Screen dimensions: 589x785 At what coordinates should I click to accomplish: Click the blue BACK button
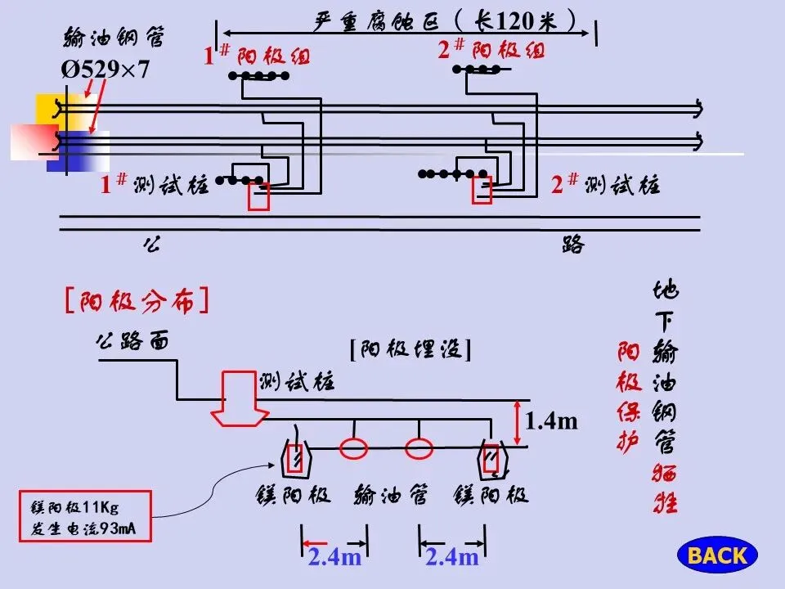(x=717, y=555)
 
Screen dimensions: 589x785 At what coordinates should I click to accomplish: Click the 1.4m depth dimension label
(x=551, y=421)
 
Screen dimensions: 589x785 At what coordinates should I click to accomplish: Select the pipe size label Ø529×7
(x=106, y=70)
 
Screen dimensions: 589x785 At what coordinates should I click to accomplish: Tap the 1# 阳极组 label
(x=257, y=56)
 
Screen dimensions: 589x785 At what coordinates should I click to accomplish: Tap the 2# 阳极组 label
(x=491, y=49)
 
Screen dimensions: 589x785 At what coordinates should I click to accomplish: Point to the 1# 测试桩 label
(x=155, y=185)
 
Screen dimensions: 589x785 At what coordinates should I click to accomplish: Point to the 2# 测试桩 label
(x=605, y=184)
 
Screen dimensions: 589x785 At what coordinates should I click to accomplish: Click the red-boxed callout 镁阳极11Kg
(x=85, y=517)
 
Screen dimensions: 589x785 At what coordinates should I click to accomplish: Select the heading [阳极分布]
(x=136, y=301)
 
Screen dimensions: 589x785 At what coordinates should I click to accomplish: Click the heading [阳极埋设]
(x=410, y=349)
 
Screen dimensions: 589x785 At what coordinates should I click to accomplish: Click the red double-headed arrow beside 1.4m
(x=517, y=422)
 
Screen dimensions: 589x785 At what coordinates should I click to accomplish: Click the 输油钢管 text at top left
(x=114, y=38)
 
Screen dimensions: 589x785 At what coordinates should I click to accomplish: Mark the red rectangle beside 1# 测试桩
(x=259, y=196)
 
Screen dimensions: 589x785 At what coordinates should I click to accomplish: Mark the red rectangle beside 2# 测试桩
(x=482, y=190)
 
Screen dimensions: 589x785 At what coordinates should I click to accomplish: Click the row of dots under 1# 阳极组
(x=258, y=76)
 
